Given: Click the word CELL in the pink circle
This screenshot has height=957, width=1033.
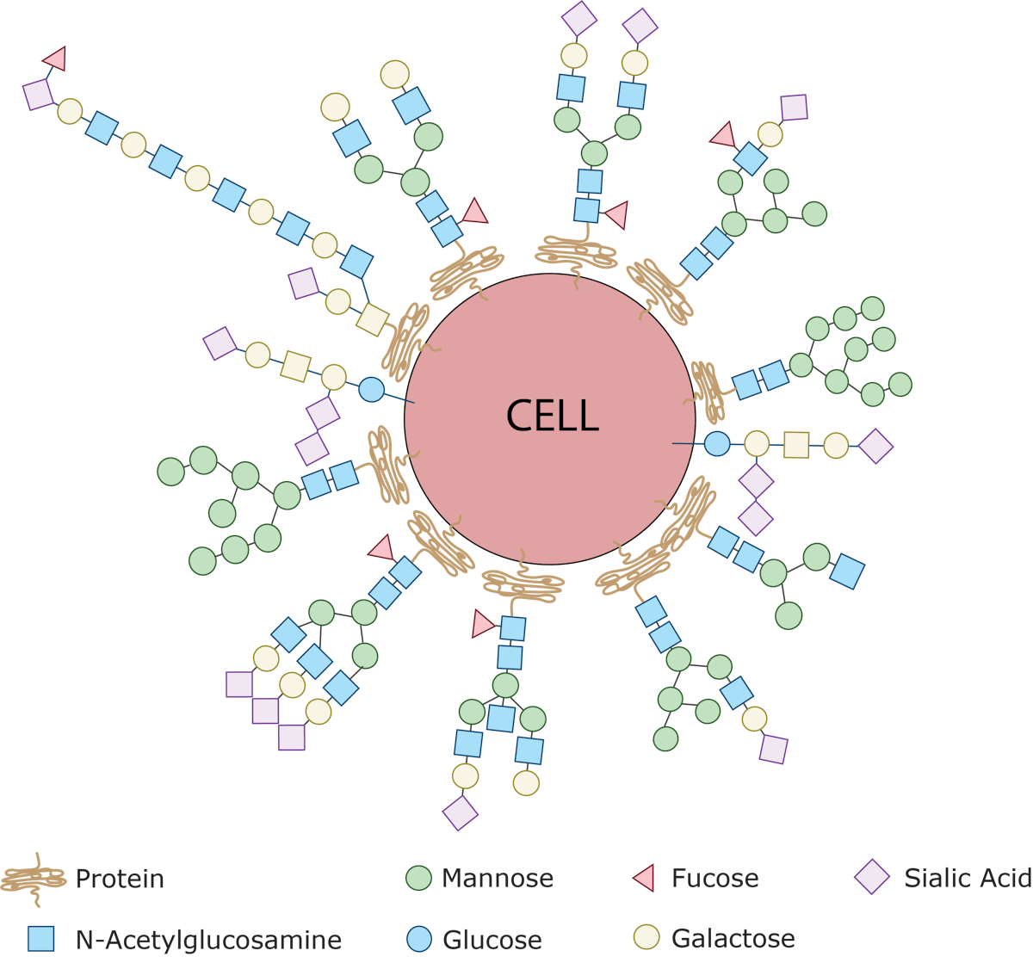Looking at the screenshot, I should (551, 417).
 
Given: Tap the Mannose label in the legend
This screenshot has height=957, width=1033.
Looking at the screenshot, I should (497, 879).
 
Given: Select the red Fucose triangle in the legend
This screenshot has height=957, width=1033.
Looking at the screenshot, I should (645, 879).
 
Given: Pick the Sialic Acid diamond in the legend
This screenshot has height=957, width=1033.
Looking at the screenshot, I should (872, 879).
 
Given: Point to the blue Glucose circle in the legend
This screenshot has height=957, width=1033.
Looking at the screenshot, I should (418, 939).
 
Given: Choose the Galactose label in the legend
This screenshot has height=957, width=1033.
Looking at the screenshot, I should (733, 938).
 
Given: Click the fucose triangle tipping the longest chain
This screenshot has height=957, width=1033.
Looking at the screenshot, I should (55, 59).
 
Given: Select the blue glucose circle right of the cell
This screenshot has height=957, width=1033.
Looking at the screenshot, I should (717, 444).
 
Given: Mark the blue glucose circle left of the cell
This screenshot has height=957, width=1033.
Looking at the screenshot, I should (371, 389).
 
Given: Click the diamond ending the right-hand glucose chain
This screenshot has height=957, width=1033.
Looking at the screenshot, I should (876, 446).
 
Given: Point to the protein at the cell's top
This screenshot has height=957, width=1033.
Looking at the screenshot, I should (576, 252).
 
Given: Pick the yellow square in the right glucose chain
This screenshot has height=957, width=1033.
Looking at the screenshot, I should (796, 445).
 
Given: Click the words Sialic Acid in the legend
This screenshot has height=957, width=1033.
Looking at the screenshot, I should (967, 879).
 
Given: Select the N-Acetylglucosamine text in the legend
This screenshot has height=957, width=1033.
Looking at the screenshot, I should (207, 939).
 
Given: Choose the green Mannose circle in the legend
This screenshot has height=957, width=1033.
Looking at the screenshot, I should (418, 879).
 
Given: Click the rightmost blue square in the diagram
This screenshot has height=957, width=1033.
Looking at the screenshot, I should (847, 572).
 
